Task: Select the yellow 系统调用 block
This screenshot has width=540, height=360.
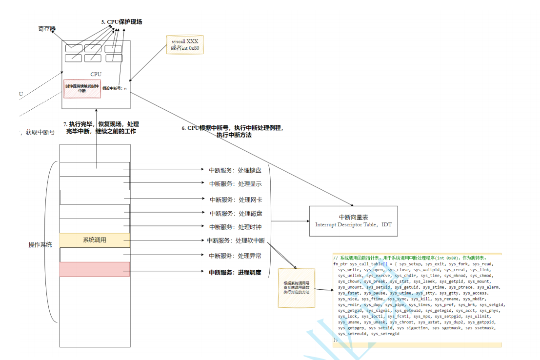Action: point(95,240)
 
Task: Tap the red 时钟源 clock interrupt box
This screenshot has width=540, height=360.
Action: point(82,88)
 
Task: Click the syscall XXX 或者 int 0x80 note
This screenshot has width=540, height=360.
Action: point(185,44)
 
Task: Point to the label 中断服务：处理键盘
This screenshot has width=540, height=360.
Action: point(235,170)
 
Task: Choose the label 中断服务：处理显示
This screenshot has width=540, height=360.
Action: point(235,184)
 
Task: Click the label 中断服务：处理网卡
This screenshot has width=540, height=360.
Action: point(236,200)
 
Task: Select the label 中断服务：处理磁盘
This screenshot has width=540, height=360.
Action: point(236,213)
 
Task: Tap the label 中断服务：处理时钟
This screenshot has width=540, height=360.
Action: point(236,227)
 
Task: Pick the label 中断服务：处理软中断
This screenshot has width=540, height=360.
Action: point(236,240)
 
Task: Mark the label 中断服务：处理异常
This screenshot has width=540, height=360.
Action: point(235,256)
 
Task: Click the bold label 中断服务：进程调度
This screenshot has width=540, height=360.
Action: point(235,273)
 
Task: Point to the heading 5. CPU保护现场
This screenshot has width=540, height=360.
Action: point(121,22)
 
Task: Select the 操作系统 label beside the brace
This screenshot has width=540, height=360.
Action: point(40,244)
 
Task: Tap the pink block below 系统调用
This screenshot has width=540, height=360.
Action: point(95,269)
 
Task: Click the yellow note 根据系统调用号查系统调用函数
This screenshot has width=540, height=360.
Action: point(297,288)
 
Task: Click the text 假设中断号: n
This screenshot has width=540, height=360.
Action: point(115,88)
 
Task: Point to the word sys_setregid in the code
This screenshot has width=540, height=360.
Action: point(385,334)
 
